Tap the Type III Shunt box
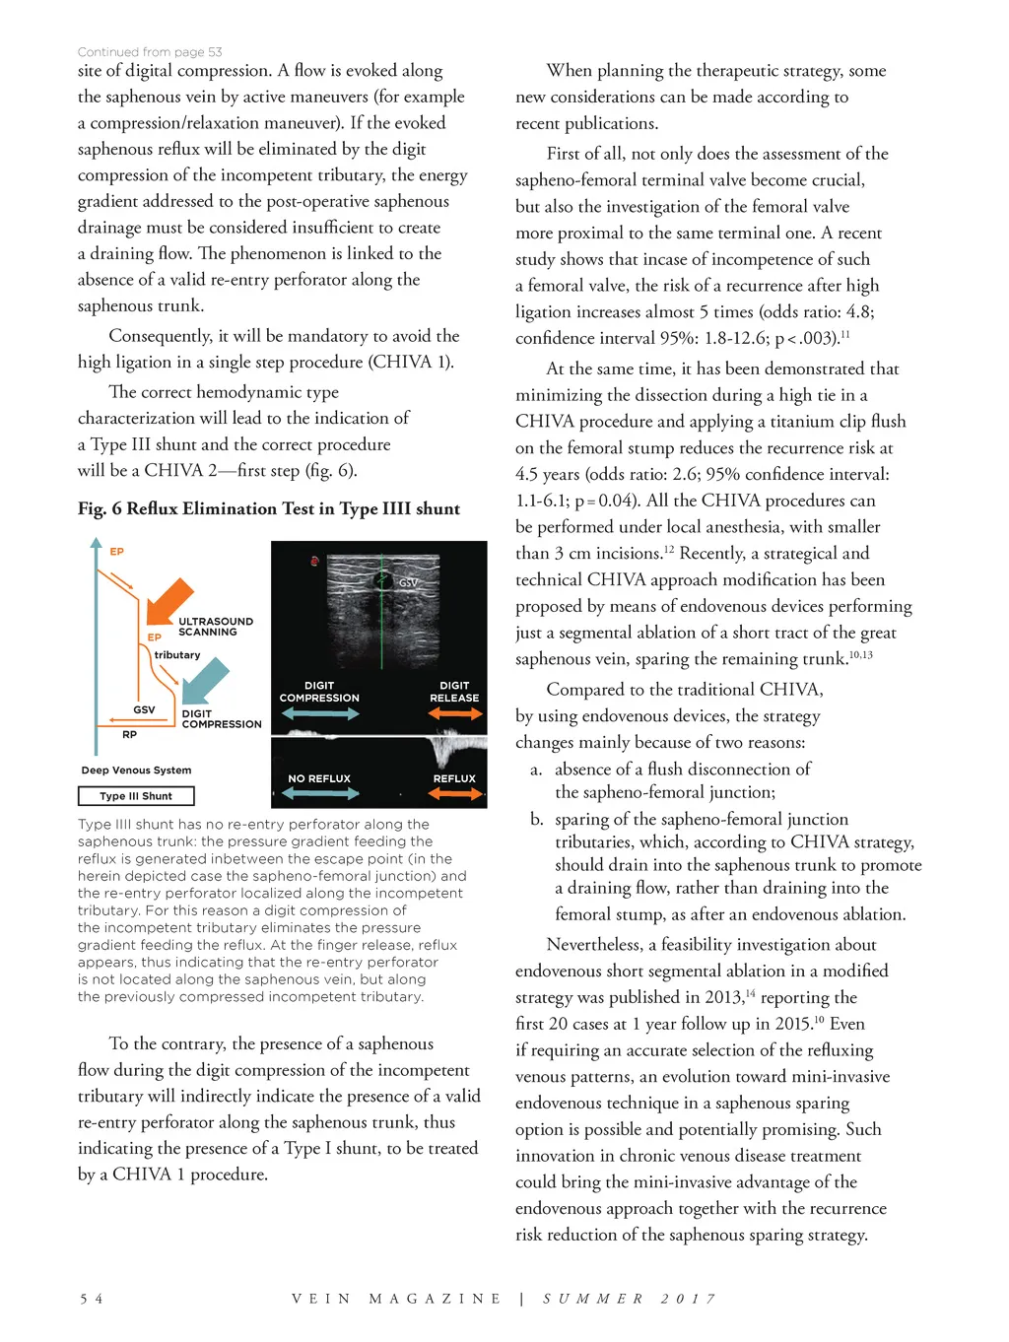coord(136,796)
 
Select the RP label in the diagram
coord(130,735)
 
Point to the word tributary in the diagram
coord(177,655)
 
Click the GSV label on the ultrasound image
coord(408,583)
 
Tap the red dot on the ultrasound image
coord(315,562)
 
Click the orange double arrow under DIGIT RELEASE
coord(454,713)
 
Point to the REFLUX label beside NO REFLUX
coord(454,778)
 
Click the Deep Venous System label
coord(137,771)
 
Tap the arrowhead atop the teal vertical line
coord(96,543)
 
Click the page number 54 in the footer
coord(92,1299)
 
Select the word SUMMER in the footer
coord(593,1299)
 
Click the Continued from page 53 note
coord(150,52)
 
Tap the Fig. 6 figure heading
coord(269,508)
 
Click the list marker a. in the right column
coord(536,770)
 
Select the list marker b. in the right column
coord(536,819)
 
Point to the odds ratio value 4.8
coord(858,311)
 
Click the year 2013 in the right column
coord(723,997)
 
